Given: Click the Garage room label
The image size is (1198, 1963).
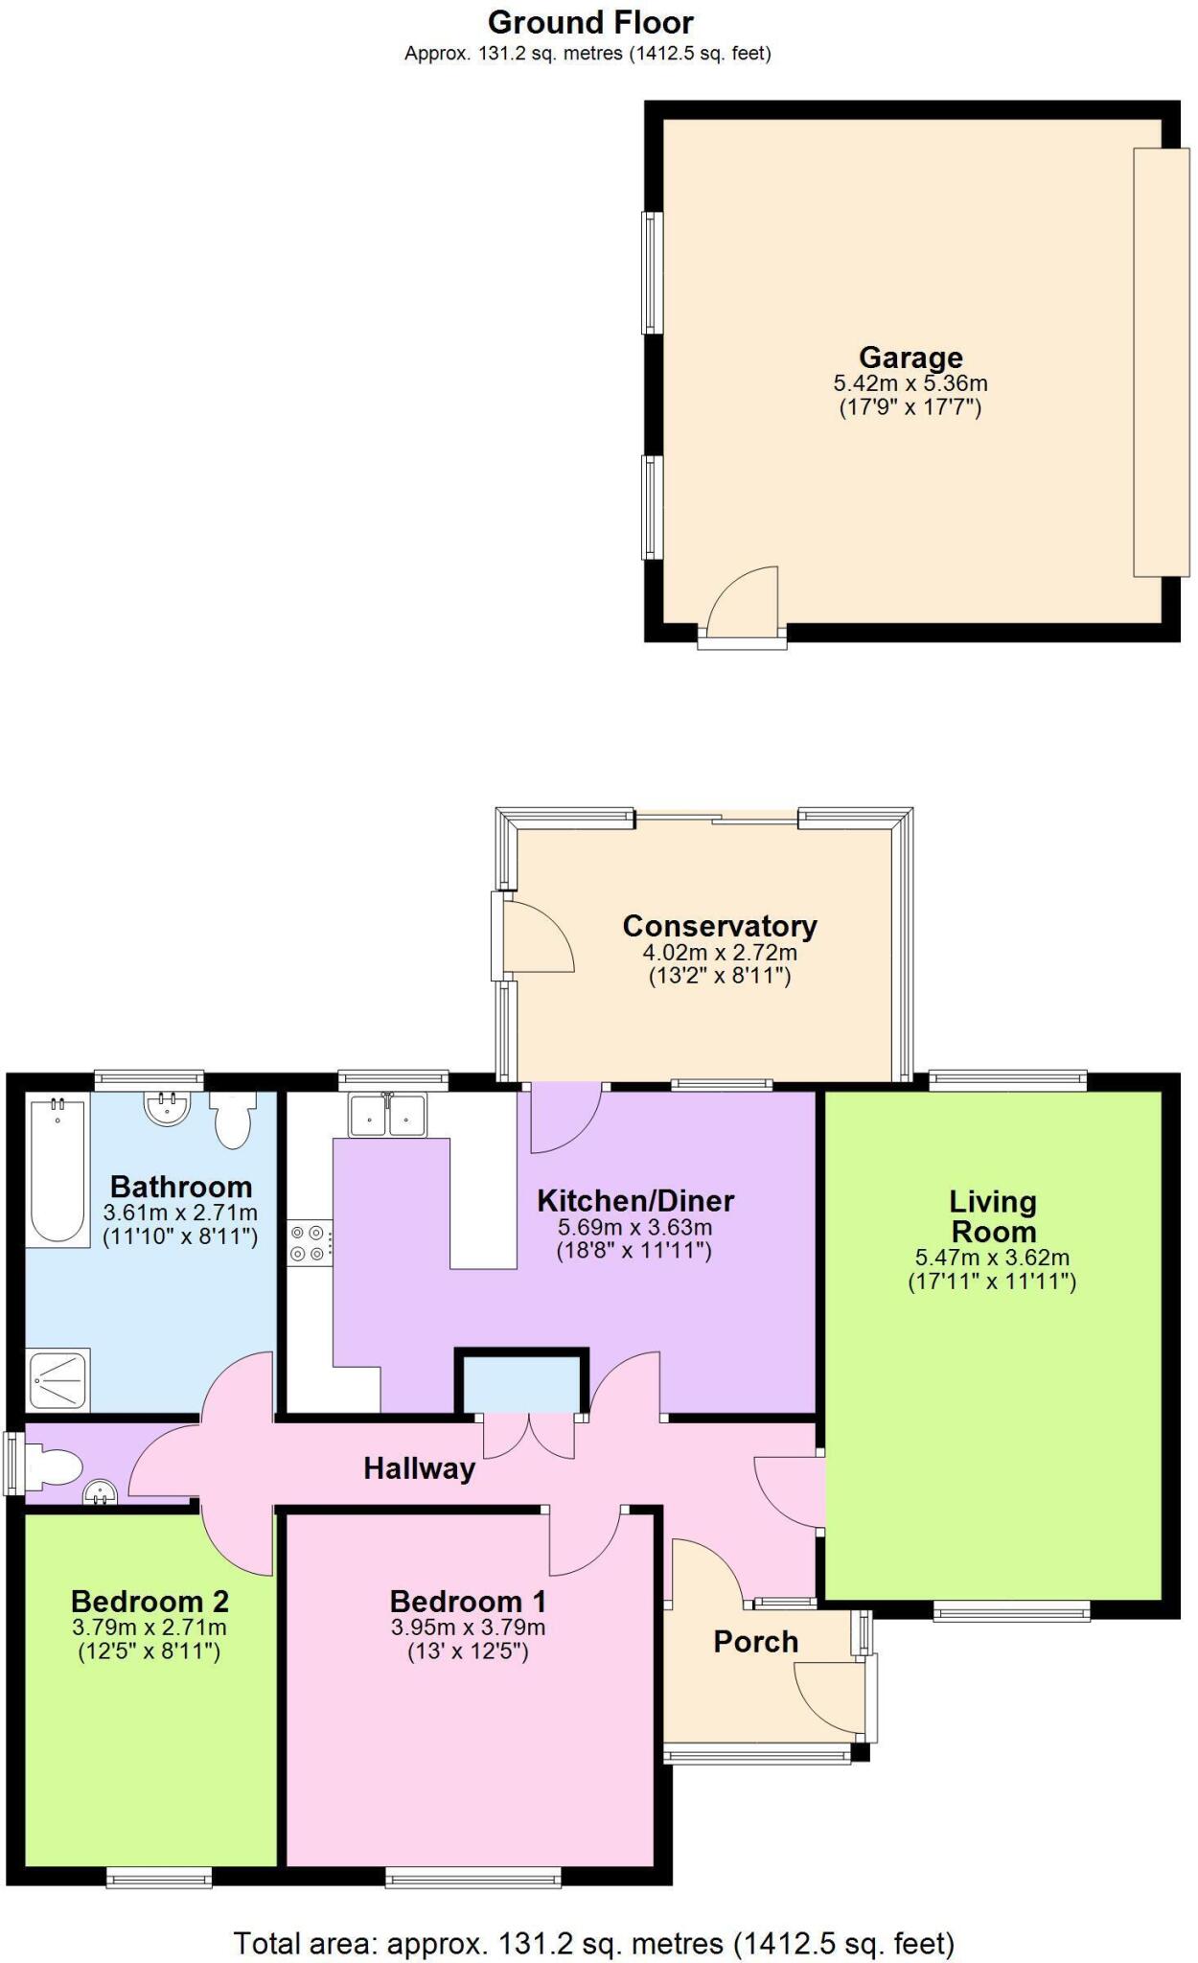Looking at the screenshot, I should [910, 358].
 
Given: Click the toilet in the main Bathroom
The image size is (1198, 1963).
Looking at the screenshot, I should [233, 1120].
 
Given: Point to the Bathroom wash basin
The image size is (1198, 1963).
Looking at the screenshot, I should [167, 1108].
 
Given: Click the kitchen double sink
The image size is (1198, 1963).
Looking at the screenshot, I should [388, 1115].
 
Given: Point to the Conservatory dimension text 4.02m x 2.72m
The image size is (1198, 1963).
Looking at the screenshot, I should [719, 953].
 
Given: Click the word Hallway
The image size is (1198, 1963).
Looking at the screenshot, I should [419, 1468].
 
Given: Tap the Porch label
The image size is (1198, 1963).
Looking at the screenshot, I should [755, 1642].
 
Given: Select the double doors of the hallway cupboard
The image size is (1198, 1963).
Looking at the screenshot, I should [528, 1435].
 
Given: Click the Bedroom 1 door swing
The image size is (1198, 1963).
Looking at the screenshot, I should [585, 1541].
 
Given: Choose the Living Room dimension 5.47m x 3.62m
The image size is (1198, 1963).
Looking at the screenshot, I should [992, 1258].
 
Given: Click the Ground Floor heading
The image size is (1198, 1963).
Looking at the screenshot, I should [590, 22].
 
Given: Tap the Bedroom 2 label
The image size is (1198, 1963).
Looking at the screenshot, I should [150, 1602].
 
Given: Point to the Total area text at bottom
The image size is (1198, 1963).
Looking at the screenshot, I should [594, 1943].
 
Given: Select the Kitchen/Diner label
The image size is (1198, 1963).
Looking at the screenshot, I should [634, 1201].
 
